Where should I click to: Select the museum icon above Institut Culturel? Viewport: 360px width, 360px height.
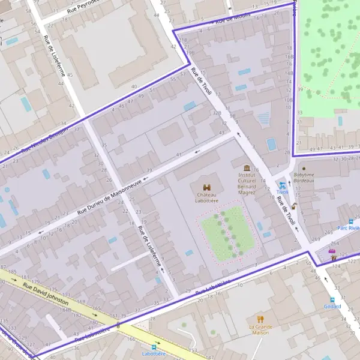[247, 168]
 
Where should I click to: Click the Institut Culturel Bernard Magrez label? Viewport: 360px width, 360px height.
[247, 184]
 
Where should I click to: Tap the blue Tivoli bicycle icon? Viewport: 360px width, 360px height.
[282, 185]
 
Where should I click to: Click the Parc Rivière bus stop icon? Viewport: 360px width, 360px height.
[351, 221]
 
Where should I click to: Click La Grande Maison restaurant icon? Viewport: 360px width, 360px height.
[260, 319]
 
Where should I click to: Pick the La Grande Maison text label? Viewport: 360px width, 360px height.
[260, 329]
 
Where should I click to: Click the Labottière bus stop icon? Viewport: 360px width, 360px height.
[154, 347]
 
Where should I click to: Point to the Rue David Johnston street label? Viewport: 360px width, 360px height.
[46, 295]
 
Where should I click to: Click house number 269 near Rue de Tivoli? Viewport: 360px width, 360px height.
[315, 239]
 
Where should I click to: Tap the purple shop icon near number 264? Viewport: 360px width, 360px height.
[332, 251]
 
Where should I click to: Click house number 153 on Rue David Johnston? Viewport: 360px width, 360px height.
[193, 350]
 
